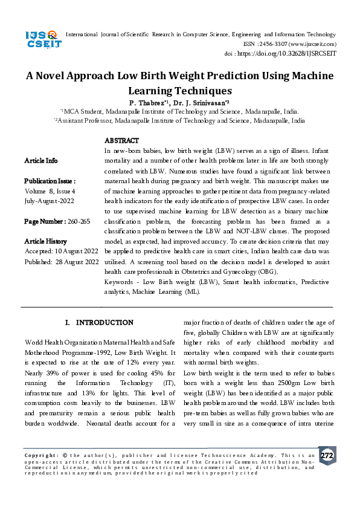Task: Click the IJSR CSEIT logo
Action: [x=41, y=41]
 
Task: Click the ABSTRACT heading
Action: [x=121, y=140]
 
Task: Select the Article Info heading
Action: [x=41, y=161]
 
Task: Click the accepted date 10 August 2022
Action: [x=76, y=250]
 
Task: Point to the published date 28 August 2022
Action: [x=77, y=262]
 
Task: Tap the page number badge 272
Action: [x=327, y=455]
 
